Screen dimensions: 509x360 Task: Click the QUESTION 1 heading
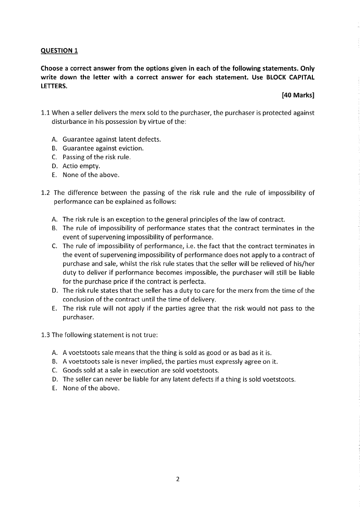pos(59,50)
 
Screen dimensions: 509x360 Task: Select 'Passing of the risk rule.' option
pos(97,157)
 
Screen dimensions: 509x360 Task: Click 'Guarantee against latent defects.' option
pos(112,139)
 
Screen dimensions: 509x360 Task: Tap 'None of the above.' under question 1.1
pos(91,175)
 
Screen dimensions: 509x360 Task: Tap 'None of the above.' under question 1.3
pos(91,388)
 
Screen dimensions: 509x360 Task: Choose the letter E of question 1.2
pos(54,308)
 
